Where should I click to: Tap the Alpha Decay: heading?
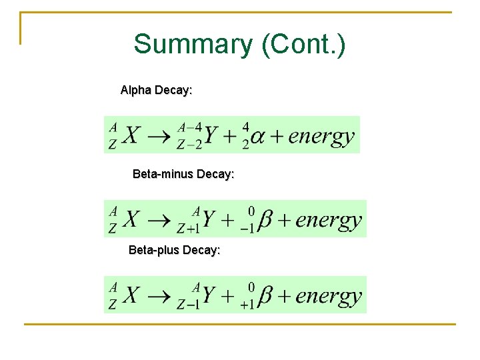click(156, 90)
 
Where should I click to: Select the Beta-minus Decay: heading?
click(183, 174)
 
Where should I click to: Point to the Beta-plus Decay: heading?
click(174, 251)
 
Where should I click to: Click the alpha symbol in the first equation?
click(257, 137)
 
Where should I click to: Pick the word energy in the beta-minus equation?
click(329, 220)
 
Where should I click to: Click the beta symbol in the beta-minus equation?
click(265, 220)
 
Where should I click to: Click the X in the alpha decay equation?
click(132, 137)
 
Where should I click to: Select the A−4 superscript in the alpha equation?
click(190, 127)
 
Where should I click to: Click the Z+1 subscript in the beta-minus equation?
click(189, 229)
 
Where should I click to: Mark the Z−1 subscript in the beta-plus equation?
click(189, 305)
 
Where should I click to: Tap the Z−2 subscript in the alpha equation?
click(189, 145)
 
